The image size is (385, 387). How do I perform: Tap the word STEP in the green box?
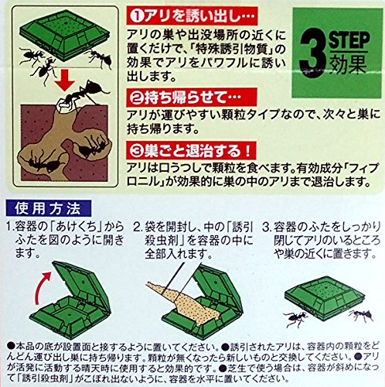349,40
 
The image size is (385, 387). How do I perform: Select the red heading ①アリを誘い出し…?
192,16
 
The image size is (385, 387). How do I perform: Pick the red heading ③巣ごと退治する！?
192,150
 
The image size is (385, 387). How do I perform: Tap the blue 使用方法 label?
48,208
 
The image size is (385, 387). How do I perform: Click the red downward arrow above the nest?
65,81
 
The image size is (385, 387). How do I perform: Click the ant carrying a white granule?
83,94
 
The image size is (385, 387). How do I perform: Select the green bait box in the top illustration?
65,36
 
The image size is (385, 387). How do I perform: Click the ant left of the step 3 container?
295,318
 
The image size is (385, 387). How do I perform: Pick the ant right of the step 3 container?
361,315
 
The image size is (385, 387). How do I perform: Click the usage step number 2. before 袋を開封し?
138,227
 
